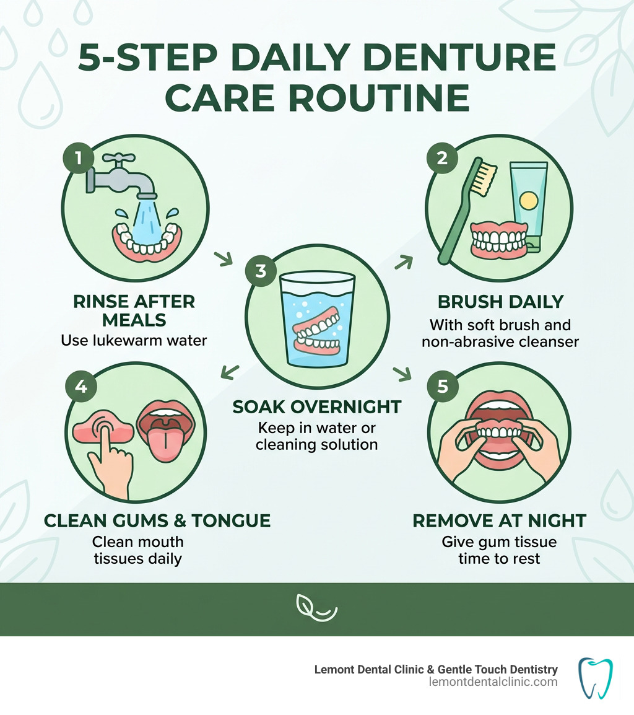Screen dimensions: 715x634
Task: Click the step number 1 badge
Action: (79, 159)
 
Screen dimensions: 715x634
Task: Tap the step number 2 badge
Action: (441, 158)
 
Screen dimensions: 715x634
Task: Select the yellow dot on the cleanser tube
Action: (528, 200)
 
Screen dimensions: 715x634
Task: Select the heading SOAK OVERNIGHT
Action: (317, 407)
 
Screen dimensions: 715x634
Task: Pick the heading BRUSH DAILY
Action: (500, 302)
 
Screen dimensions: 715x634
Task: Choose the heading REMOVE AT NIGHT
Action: (500, 520)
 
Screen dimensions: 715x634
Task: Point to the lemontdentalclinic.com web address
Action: (493, 682)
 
